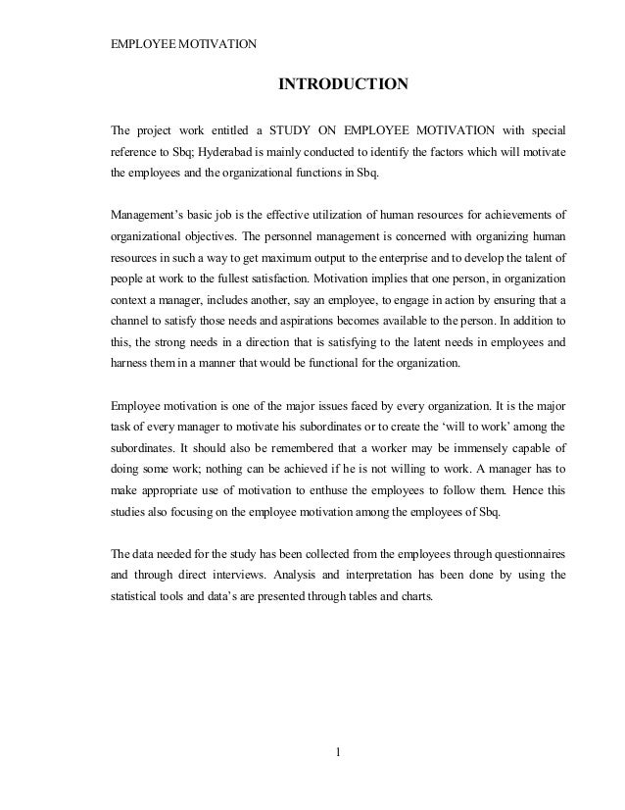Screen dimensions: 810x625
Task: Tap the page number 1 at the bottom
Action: [338, 753]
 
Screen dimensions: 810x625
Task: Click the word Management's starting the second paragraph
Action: [152, 212]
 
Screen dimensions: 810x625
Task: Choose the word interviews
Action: [260, 577]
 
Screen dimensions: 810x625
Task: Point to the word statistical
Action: [136, 600]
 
